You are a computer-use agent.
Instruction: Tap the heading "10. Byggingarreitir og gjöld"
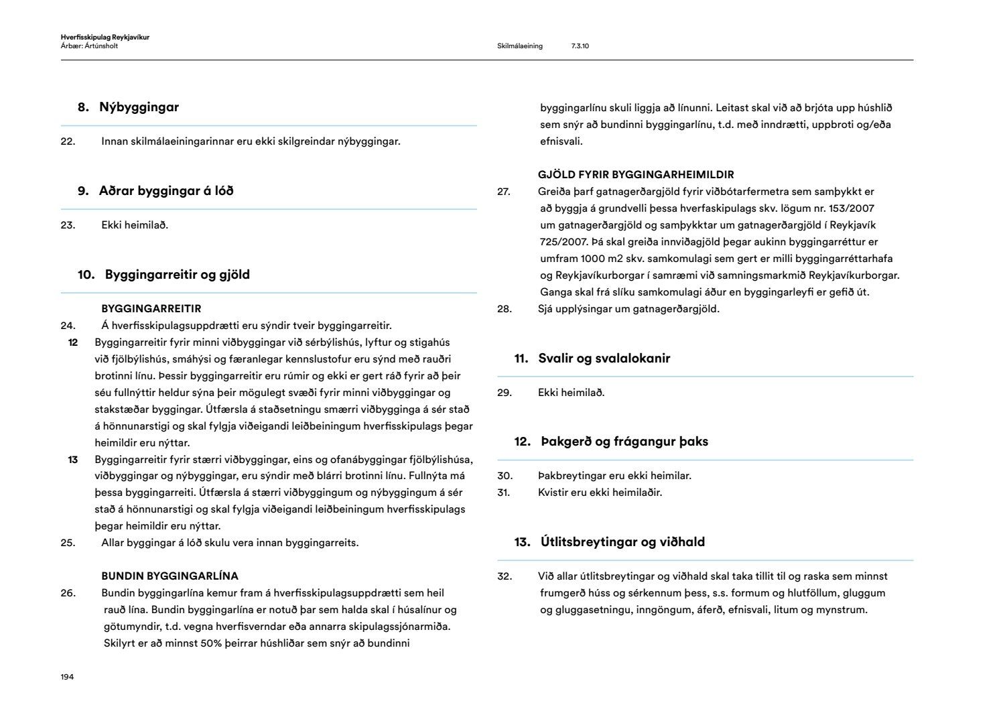coord(163,275)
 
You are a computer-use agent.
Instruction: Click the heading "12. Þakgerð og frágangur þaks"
coord(611,442)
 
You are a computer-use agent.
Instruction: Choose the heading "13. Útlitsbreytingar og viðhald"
coord(610,542)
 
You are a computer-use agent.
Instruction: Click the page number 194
coord(67,677)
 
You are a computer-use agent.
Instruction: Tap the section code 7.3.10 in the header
coord(580,46)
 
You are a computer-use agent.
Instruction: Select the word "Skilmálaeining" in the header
coord(520,46)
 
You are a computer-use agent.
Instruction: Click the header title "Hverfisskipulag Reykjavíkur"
coord(105,38)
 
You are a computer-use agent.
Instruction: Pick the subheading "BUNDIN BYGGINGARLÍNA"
coord(170,576)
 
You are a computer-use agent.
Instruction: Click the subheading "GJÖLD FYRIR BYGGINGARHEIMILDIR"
coord(636,175)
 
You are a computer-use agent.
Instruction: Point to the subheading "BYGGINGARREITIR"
coord(151,309)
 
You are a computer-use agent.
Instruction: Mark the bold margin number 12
coord(74,342)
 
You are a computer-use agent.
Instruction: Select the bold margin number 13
coord(74,460)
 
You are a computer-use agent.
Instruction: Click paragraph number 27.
coord(504,192)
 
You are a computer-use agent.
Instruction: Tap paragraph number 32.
coord(505,576)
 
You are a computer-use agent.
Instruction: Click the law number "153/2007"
coord(852,208)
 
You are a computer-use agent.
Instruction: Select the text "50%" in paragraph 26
coord(211,643)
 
